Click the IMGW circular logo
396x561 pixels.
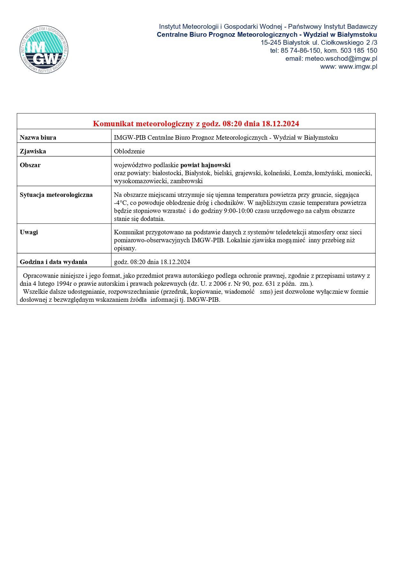[44, 50]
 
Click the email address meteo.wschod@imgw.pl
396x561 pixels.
[341, 58]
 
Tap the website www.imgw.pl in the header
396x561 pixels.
[358, 66]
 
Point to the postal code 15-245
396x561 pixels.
[271, 43]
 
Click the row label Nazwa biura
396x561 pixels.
[38, 137]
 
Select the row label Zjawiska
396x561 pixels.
[33, 151]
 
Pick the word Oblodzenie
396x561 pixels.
[129, 151]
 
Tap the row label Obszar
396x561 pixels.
[30, 165]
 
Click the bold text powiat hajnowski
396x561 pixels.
[205, 165]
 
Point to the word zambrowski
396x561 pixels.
[187, 181]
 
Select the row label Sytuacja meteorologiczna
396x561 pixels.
[56, 195]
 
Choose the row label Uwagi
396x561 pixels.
[29, 232]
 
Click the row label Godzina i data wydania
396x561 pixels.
[53, 262]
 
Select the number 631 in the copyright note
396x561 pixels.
[270, 284]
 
